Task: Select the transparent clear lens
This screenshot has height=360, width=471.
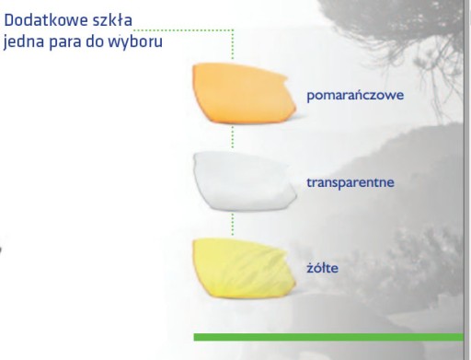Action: point(245,181)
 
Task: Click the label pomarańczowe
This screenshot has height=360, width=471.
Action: point(355,95)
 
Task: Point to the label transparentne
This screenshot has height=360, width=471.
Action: point(350,182)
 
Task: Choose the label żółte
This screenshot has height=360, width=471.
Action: point(323,268)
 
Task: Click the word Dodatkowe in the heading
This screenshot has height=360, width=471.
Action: point(46,20)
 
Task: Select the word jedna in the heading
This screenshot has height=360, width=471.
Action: point(24,41)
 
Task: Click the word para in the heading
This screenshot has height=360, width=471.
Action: point(65,42)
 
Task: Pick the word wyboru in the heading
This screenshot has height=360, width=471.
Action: point(135,41)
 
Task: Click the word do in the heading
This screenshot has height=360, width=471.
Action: point(95,41)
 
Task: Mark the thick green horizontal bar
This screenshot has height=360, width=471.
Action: point(328,337)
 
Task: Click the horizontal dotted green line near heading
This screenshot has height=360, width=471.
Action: point(184,30)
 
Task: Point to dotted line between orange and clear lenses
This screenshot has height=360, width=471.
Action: point(233,137)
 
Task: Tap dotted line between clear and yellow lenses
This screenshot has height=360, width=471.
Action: point(233,225)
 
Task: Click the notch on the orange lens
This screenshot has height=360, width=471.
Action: point(286,79)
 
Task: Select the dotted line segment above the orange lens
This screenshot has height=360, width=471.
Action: point(233,44)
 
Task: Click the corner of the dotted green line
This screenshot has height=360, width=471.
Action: point(233,30)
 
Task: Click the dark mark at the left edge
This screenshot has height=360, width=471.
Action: point(1,250)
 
